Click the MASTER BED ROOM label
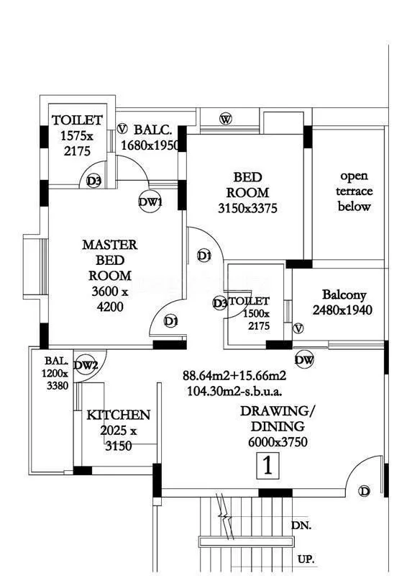109,276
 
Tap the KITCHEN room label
119,415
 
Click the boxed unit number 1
267,466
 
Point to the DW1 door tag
150,203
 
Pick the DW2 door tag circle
86,366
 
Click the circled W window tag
226,119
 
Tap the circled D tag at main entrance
365,491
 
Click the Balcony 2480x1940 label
343,302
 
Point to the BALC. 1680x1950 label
150,138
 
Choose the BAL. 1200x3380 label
55,373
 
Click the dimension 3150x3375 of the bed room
247,209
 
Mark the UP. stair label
305,558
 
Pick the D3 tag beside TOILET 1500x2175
220,303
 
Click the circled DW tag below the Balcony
304,360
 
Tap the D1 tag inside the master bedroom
171,321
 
